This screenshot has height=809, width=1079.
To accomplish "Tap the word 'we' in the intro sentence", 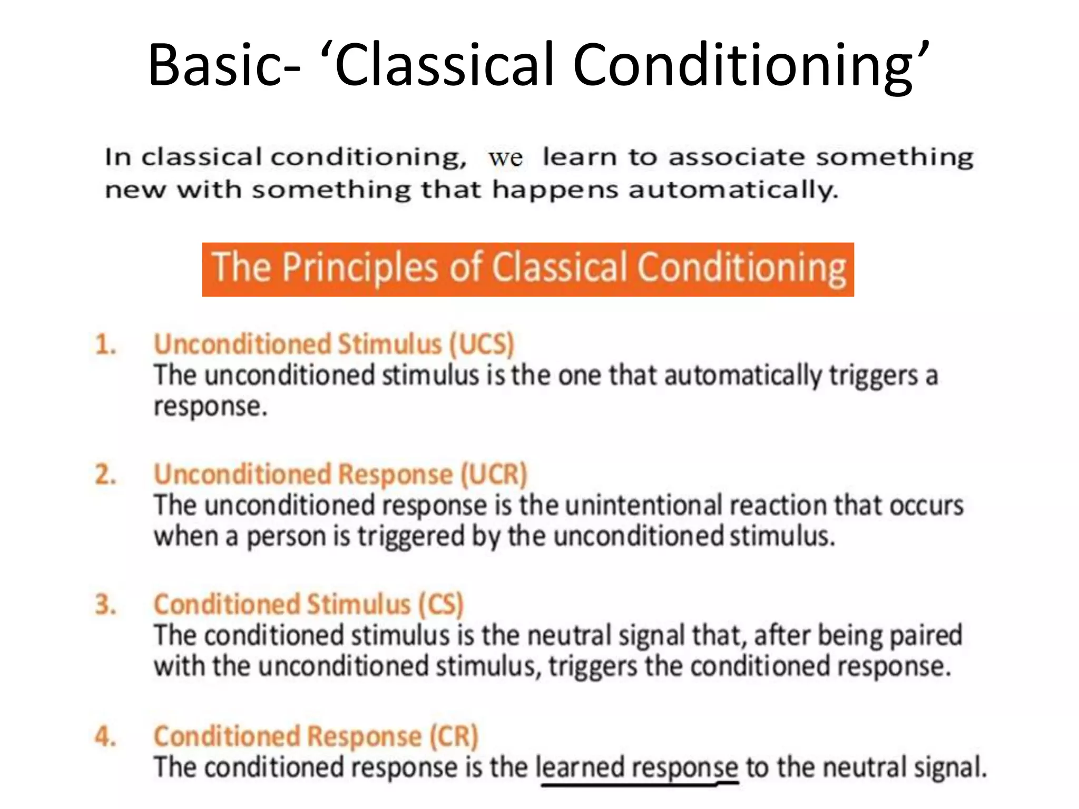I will [505, 158].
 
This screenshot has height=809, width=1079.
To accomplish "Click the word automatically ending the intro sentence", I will [732, 190].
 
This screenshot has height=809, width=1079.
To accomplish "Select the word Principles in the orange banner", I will [360, 268].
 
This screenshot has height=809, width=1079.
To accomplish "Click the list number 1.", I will [105, 345].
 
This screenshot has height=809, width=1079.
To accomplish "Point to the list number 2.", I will [105, 475].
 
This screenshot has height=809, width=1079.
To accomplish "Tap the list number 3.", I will [105, 605].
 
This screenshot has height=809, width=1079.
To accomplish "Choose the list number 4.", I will [105, 736].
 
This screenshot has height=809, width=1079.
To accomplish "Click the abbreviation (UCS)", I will [481, 344].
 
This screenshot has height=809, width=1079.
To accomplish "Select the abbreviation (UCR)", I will [494, 474].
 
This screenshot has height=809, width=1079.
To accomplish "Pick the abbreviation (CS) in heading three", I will [441, 605].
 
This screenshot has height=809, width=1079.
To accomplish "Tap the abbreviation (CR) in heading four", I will [454, 736].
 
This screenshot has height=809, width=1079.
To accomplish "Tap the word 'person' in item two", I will [287, 537].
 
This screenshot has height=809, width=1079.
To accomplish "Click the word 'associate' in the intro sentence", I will [736, 157].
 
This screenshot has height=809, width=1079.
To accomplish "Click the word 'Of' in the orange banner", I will [466, 268].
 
